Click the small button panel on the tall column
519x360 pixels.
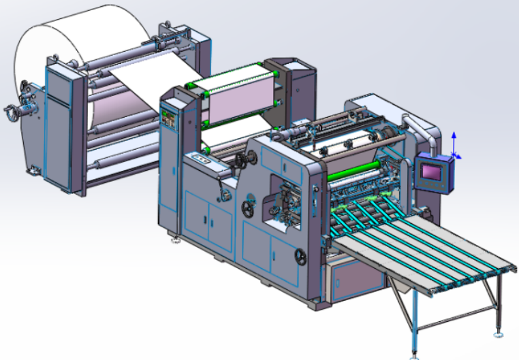point(167,119)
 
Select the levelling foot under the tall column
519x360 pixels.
point(176,239)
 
